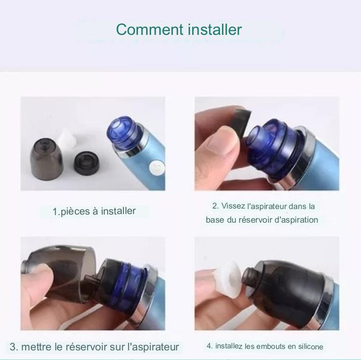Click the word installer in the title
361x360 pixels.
pyautogui.click(x=215, y=30)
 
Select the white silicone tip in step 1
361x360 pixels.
pyautogui.click(x=67, y=139)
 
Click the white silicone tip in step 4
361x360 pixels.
pyautogui.click(x=230, y=279)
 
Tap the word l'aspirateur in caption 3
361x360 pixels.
pyautogui.click(x=153, y=347)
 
